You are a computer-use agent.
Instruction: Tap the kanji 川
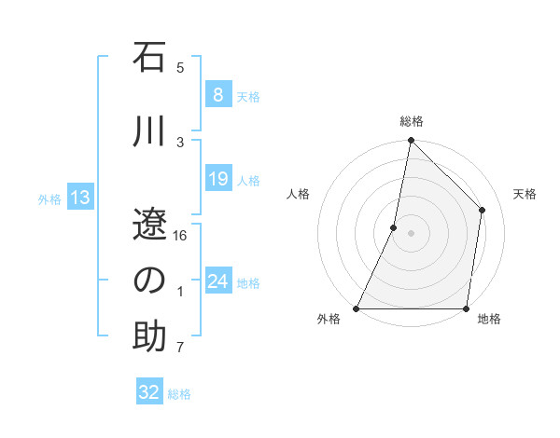[x=149, y=132]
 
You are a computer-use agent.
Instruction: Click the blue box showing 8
[x=217, y=95]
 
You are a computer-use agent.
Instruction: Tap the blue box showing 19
[x=217, y=179]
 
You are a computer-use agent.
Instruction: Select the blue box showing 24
[x=217, y=281]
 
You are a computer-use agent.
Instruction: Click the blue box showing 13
[x=79, y=198]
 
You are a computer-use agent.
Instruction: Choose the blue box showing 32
[x=149, y=393]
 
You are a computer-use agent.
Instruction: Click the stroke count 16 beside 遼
[x=181, y=236]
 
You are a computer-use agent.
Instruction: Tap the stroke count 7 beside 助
[x=180, y=348]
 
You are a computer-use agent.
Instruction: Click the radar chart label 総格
[x=411, y=122]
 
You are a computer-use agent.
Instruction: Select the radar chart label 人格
[x=298, y=194]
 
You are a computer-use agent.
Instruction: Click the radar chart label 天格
[x=525, y=194]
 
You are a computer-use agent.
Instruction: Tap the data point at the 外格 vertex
[x=357, y=308]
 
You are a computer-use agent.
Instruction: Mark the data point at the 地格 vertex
[x=466, y=308]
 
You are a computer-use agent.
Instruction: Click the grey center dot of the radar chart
[x=411, y=233]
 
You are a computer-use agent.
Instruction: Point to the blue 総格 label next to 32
[x=179, y=394]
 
